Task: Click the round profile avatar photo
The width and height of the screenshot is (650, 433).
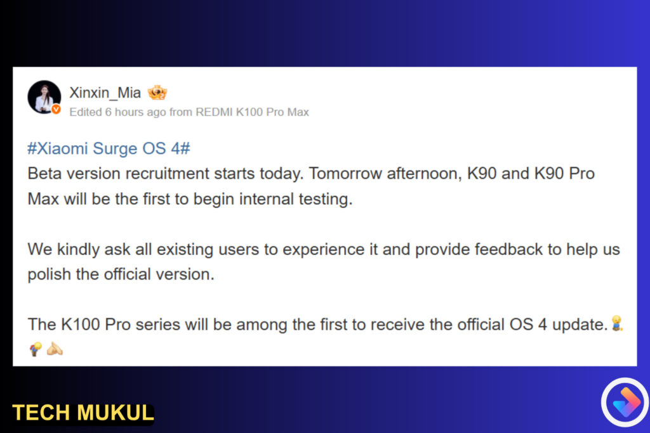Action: tap(44, 97)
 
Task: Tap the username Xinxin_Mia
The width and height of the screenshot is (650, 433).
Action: tap(105, 93)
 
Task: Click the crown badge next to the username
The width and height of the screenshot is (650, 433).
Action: tap(157, 93)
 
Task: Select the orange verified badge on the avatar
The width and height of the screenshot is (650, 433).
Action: tap(56, 109)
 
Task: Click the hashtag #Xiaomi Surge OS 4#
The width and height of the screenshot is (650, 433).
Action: tap(109, 148)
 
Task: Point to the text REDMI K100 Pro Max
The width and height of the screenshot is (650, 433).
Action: tap(252, 112)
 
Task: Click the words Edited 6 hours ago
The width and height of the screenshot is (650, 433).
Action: tap(117, 112)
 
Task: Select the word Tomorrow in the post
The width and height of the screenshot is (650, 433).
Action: tap(345, 174)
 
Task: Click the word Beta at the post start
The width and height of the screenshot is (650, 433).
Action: tap(45, 174)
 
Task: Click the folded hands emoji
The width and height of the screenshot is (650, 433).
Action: tap(55, 349)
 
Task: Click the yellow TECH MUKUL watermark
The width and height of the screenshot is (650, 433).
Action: tap(83, 413)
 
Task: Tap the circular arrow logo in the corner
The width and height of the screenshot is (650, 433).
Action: tap(625, 402)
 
